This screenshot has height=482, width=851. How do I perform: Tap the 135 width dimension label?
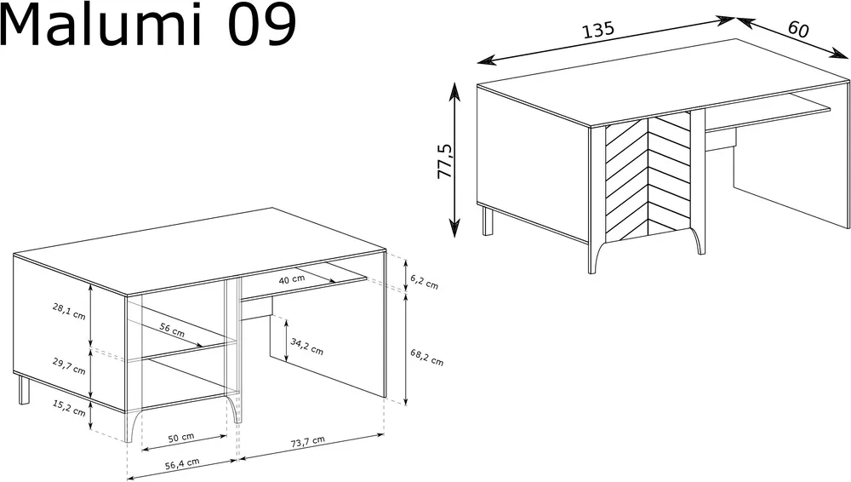coord(598,29)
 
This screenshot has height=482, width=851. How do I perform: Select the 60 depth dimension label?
coord(798,29)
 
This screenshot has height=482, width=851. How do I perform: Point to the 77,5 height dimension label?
coord(444,162)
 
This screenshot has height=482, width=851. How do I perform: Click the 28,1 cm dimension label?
coord(69,312)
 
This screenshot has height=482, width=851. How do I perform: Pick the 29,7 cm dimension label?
coord(69,367)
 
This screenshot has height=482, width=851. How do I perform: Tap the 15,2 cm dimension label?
coord(69,408)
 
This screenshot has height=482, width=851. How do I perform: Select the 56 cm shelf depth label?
coord(172,330)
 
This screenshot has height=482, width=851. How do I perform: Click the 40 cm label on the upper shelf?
coord(291,279)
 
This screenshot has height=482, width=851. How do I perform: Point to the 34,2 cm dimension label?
coord(306,347)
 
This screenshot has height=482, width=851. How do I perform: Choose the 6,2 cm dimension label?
coord(424,282)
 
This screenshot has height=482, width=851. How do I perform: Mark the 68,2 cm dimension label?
coord(426,357)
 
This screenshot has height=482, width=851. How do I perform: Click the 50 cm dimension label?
coord(180,438)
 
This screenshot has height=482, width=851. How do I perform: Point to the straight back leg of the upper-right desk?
coord(488,220)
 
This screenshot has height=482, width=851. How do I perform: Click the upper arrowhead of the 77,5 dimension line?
coord(454,91)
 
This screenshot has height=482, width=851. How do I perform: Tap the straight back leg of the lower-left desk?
coord(24,389)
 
